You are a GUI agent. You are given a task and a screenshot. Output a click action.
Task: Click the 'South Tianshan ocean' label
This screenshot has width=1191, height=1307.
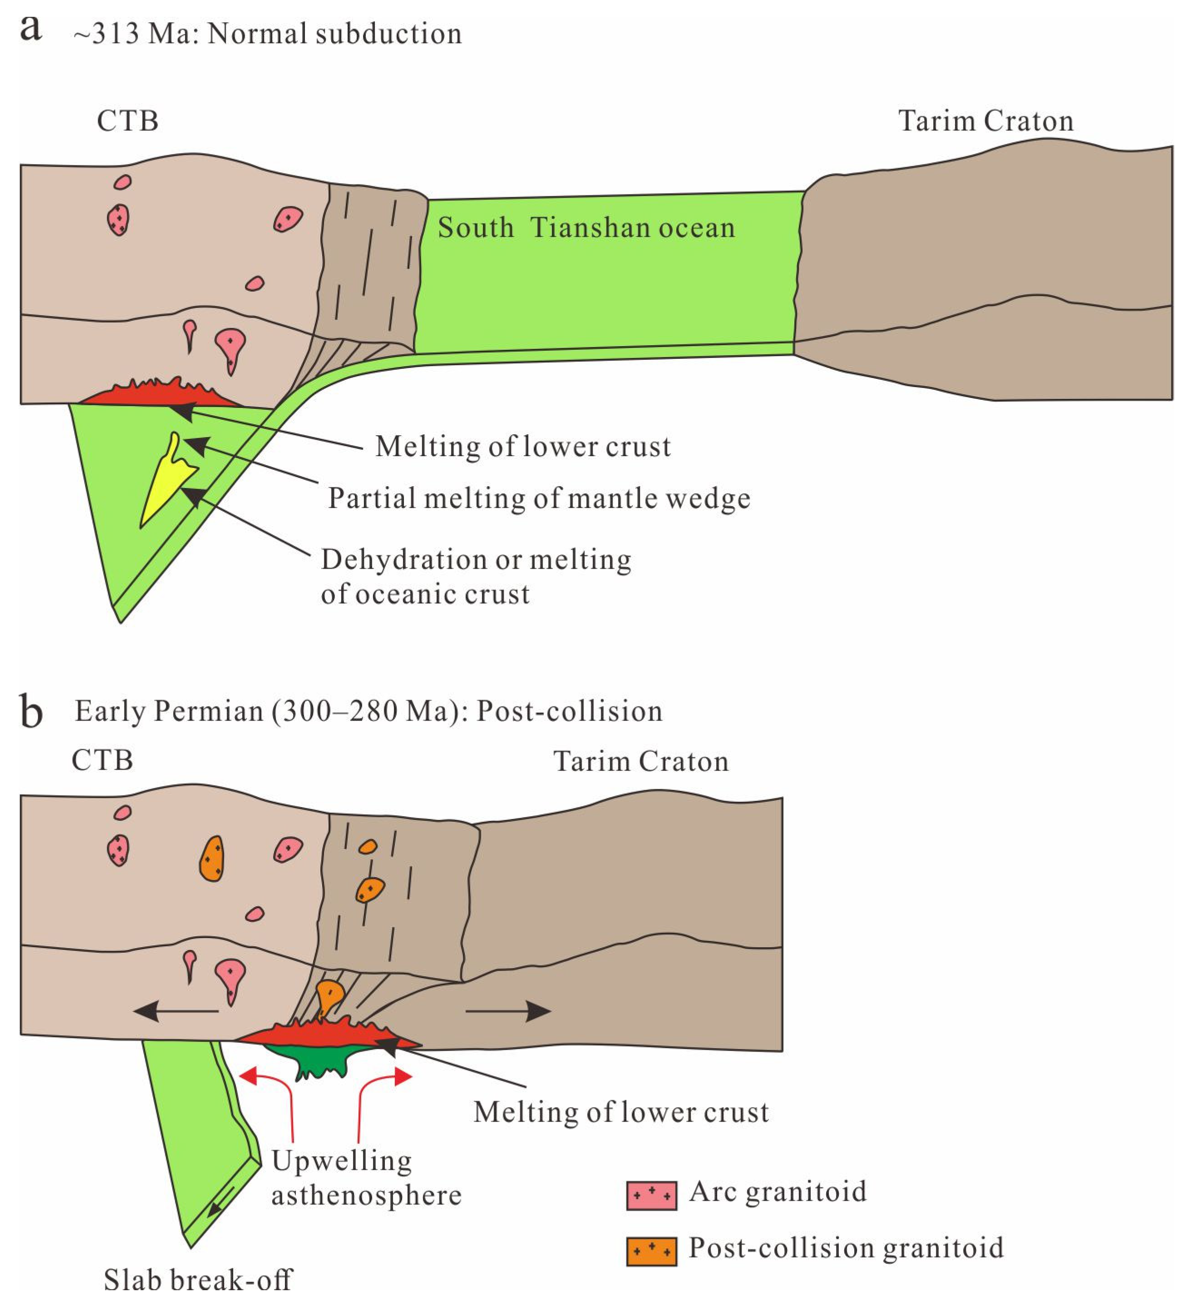click(586, 228)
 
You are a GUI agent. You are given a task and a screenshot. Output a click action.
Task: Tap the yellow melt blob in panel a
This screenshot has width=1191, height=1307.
click(166, 483)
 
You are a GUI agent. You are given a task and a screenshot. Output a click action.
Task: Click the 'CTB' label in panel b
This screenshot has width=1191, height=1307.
click(102, 760)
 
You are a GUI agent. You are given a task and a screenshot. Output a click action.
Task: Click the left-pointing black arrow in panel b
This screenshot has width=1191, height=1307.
click(175, 1011)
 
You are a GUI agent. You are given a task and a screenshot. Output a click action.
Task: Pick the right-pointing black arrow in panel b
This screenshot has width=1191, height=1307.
click(509, 1011)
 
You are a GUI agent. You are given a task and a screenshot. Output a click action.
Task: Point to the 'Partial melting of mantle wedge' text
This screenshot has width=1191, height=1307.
click(539, 498)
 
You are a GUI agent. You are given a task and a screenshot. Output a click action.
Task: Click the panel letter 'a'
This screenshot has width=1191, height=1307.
click(30, 29)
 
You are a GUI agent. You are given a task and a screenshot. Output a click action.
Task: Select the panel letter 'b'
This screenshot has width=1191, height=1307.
click(30, 711)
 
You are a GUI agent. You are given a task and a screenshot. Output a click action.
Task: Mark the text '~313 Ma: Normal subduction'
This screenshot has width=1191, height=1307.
click(267, 34)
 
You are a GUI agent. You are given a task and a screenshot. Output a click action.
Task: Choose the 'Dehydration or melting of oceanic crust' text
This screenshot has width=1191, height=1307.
click(475, 577)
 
